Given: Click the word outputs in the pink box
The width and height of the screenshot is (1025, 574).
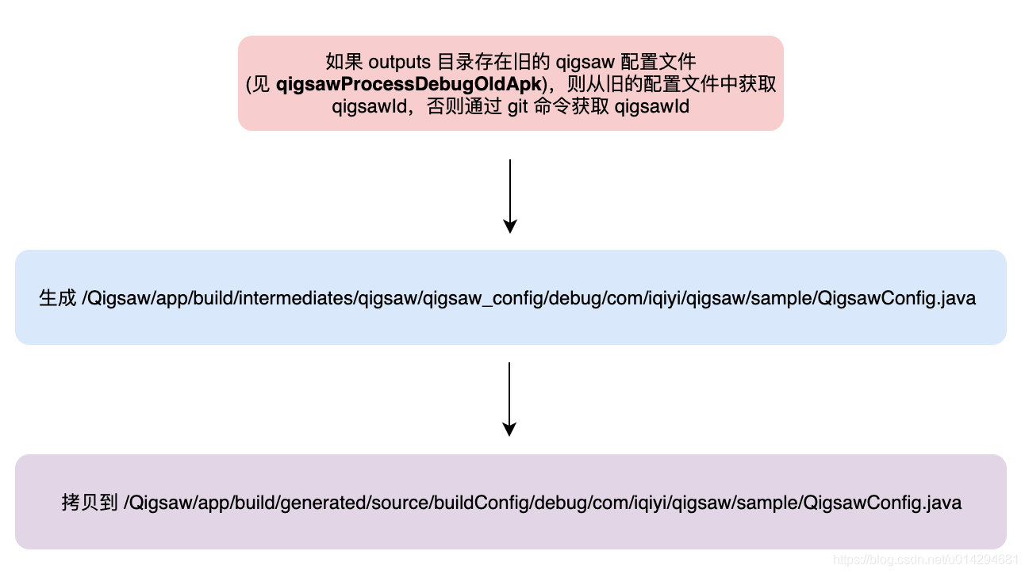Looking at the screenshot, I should (401, 62).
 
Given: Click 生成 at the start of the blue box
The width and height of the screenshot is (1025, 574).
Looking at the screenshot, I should (57, 298).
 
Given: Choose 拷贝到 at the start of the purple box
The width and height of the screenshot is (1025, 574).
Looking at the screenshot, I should (90, 503).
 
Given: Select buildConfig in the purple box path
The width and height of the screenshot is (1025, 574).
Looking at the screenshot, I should (486, 503).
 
